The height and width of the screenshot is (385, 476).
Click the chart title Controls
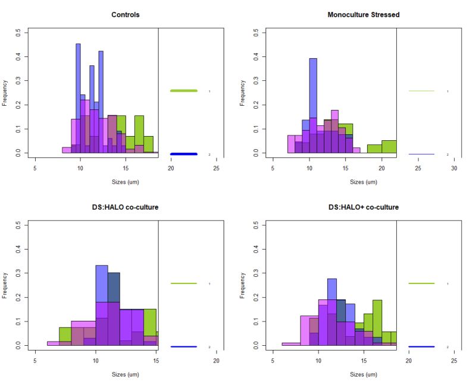[x=126, y=14]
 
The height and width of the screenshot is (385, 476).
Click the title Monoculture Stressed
[x=364, y=14]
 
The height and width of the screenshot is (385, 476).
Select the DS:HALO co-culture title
[x=126, y=207]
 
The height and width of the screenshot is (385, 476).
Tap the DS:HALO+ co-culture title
[x=364, y=207]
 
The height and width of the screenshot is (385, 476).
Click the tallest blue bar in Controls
[x=78, y=95]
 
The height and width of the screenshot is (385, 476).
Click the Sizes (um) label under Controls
[x=126, y=182]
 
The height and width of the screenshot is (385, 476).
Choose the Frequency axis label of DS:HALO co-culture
[x=5, y=285]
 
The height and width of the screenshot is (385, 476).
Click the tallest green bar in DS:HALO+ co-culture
[x=377, y=321]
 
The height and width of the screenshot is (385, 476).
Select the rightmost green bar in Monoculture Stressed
[x=389, y=147]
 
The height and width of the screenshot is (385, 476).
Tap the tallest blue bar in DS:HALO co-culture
[x=102, y=303]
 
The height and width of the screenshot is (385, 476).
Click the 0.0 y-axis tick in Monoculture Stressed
[x=255, y=153]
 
